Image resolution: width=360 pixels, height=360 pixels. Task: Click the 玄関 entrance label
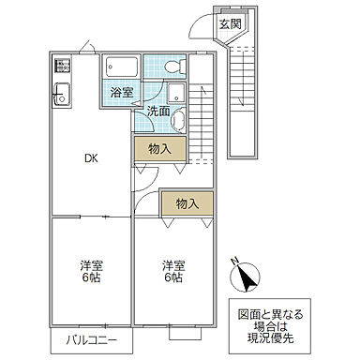coord(229,25)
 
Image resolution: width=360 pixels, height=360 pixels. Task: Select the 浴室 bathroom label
coord(120,93)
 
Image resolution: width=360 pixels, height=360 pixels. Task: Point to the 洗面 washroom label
coord(157,112)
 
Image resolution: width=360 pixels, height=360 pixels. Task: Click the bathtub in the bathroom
coord(123,69)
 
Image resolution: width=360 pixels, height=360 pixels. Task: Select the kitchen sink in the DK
coord(63,94)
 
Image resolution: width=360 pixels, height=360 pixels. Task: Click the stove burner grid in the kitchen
coord(63,67)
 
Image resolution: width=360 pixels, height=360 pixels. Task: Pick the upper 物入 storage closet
coord(158,149)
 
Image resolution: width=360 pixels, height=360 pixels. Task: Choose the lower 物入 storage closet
coord(187,203)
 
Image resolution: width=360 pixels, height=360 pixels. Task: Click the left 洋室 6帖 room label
coord(91,270)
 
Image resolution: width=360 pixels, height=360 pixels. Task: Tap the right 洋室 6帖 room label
coord(172,270)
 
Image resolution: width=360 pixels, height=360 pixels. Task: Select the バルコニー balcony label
coord(91,339)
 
